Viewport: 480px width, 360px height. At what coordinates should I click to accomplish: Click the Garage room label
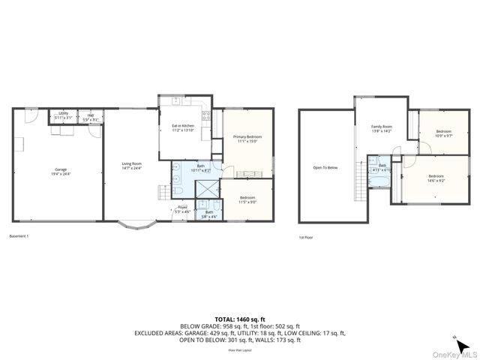[x=61, y=172]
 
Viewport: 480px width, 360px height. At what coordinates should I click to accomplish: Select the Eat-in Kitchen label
[x=183, y=127]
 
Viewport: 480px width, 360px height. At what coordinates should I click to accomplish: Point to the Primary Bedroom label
[x=245, y=139]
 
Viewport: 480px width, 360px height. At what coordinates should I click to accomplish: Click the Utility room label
[x=63, y=115]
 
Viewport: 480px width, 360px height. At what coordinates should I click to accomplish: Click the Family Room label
[x=382, y=129]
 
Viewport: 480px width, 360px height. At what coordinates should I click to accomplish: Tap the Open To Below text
[x=325, y=167]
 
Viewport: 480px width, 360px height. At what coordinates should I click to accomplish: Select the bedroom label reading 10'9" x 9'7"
[x=445, y=133]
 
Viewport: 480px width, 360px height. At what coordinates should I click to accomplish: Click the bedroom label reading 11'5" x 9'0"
[x=247, y=199]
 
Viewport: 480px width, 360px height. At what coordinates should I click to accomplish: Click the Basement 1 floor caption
[x=19, y=236]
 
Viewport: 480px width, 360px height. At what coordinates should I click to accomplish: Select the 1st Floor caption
[x=306, y=238]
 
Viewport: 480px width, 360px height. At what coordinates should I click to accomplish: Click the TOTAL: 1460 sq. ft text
[x=240, y=319]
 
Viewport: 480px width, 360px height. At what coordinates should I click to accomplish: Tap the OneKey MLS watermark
[x=454, y=354]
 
